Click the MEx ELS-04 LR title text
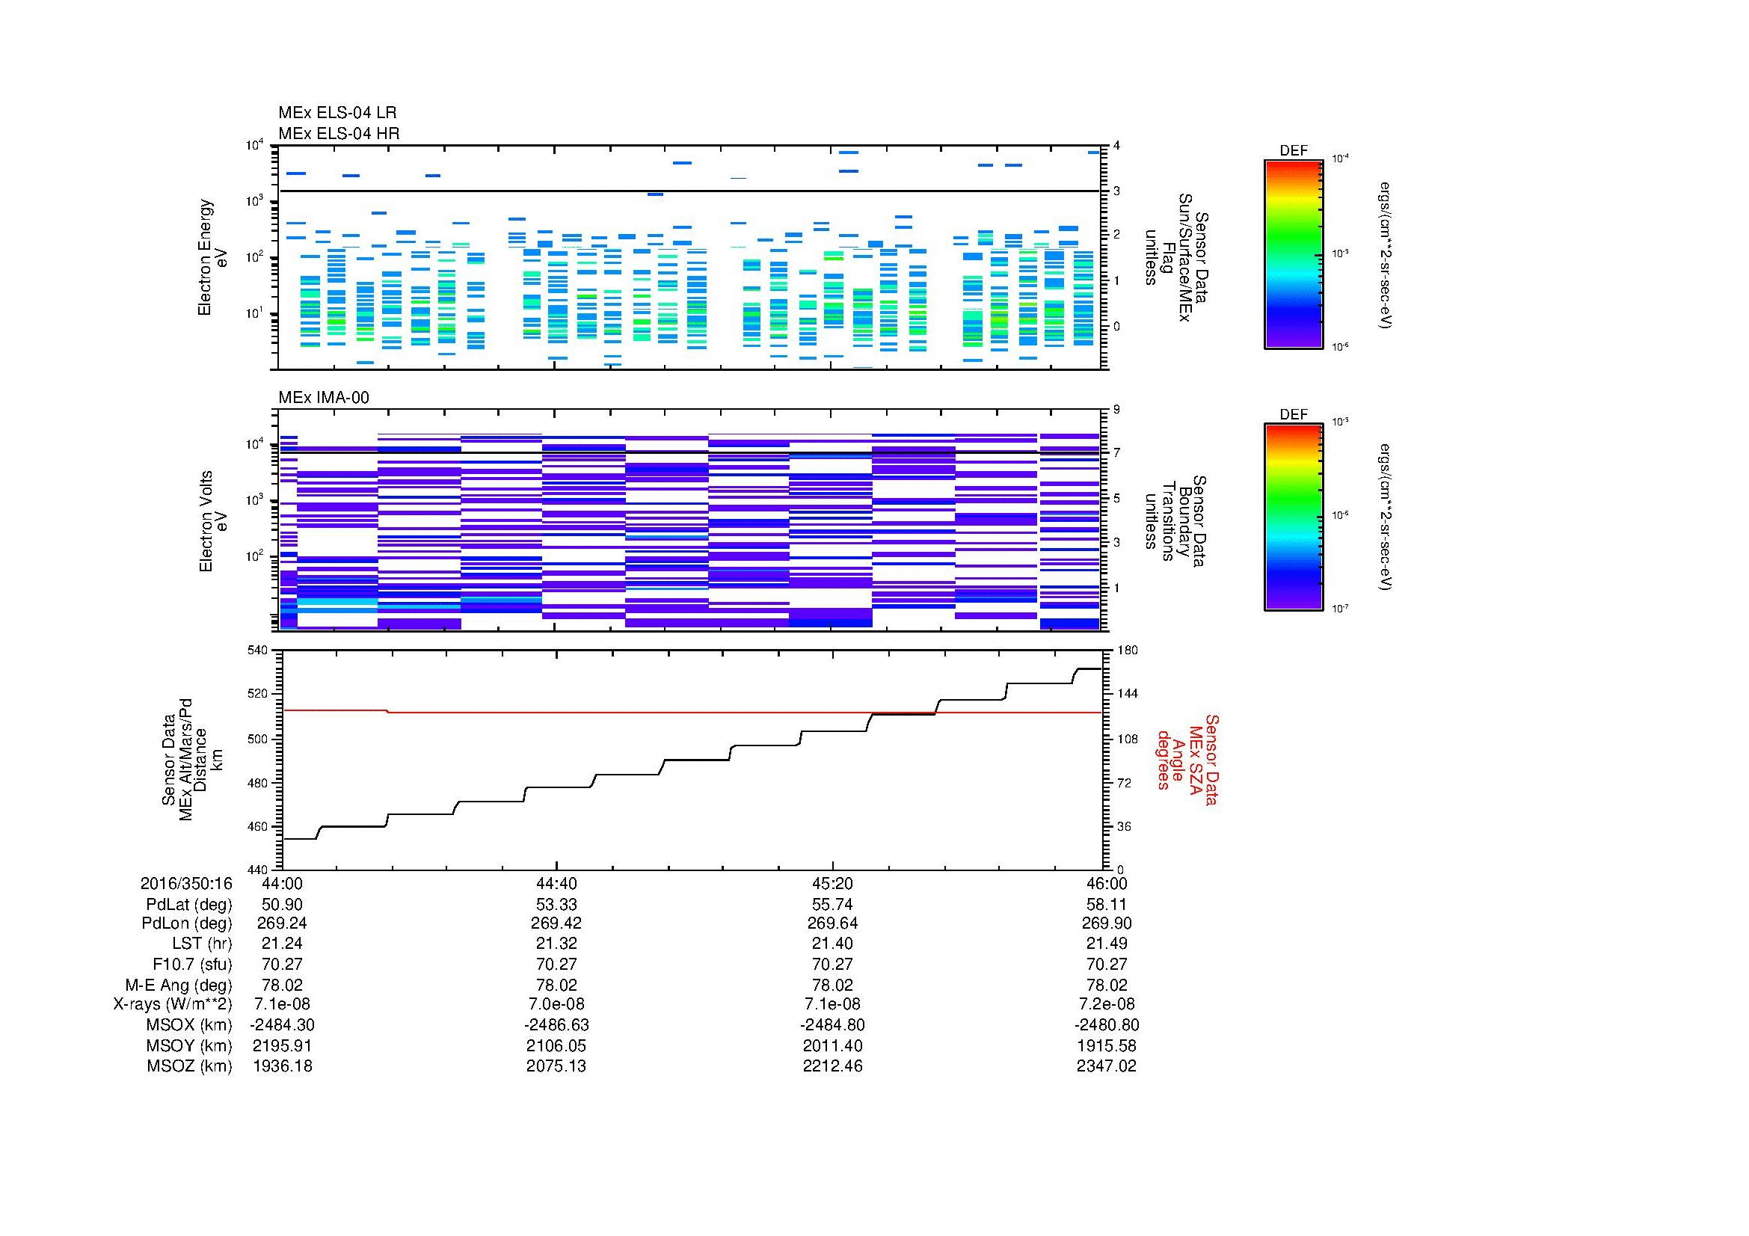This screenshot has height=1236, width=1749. tap(336, 113)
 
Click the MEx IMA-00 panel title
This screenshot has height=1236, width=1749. tap(323, 398)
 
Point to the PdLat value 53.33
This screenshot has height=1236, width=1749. tap(557, 905)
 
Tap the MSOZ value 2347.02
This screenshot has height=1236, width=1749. tap(1106, 1066)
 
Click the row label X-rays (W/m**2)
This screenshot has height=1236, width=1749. tap(172, 1004)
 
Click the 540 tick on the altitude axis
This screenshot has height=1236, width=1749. tap(258, 651)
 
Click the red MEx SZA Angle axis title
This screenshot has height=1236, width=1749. tap(1187, 759)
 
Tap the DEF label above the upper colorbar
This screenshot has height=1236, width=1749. tap(1293, 151)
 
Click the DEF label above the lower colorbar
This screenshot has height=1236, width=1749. tap(1293, 415)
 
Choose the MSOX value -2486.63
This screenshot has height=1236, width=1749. tap(557, 1025)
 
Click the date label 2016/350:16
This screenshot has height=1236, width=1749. tap(186, 883)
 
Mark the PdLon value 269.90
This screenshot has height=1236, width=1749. tap(1106, 923)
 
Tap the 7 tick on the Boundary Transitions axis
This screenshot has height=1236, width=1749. tap(1116, 453)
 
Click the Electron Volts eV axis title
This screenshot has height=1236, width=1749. tap(213, 522)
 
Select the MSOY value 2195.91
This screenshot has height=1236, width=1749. tap(282, 1045)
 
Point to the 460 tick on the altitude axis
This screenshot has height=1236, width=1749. tap(258, 826)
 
